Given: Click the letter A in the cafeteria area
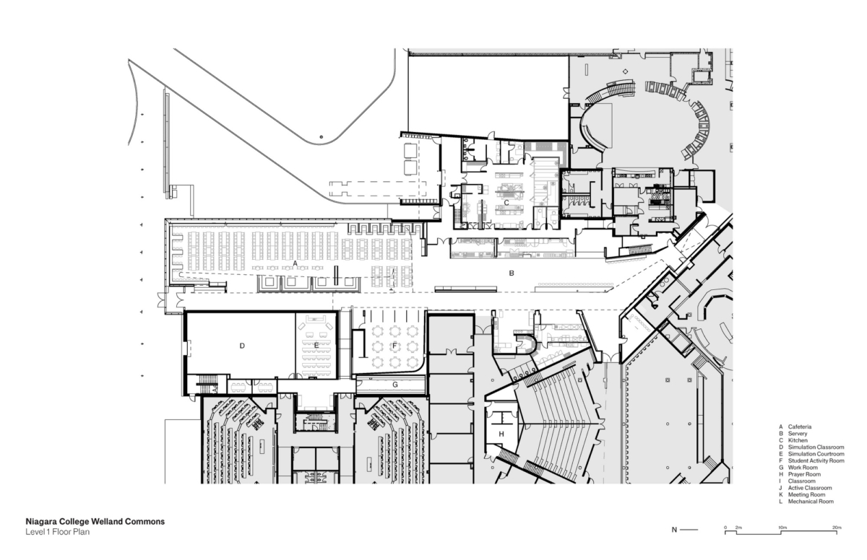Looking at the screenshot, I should pos(296,263).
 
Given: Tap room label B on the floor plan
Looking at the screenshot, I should pos(512,274).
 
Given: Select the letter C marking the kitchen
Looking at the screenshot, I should pos(506,203).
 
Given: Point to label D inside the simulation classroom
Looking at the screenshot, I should pos(242,346).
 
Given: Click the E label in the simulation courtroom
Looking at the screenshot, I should pos(316,346).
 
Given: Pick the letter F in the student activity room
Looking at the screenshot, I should pos(394,346).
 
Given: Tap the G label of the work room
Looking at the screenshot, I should pos(394,385).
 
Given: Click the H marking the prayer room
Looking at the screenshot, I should pos(501,433).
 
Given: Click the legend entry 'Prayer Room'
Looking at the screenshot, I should pos(803,474).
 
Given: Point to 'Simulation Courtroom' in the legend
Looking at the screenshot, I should pos(815,454).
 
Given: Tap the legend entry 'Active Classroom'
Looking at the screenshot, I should pos(810,488).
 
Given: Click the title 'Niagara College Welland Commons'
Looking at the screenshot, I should pos(95,521).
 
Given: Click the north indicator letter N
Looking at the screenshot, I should pos(675,530).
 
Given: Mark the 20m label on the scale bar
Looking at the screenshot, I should pos(837,528).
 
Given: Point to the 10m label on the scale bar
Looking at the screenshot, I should pos(781,528).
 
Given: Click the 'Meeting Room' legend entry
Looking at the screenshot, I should pos(806,494).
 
